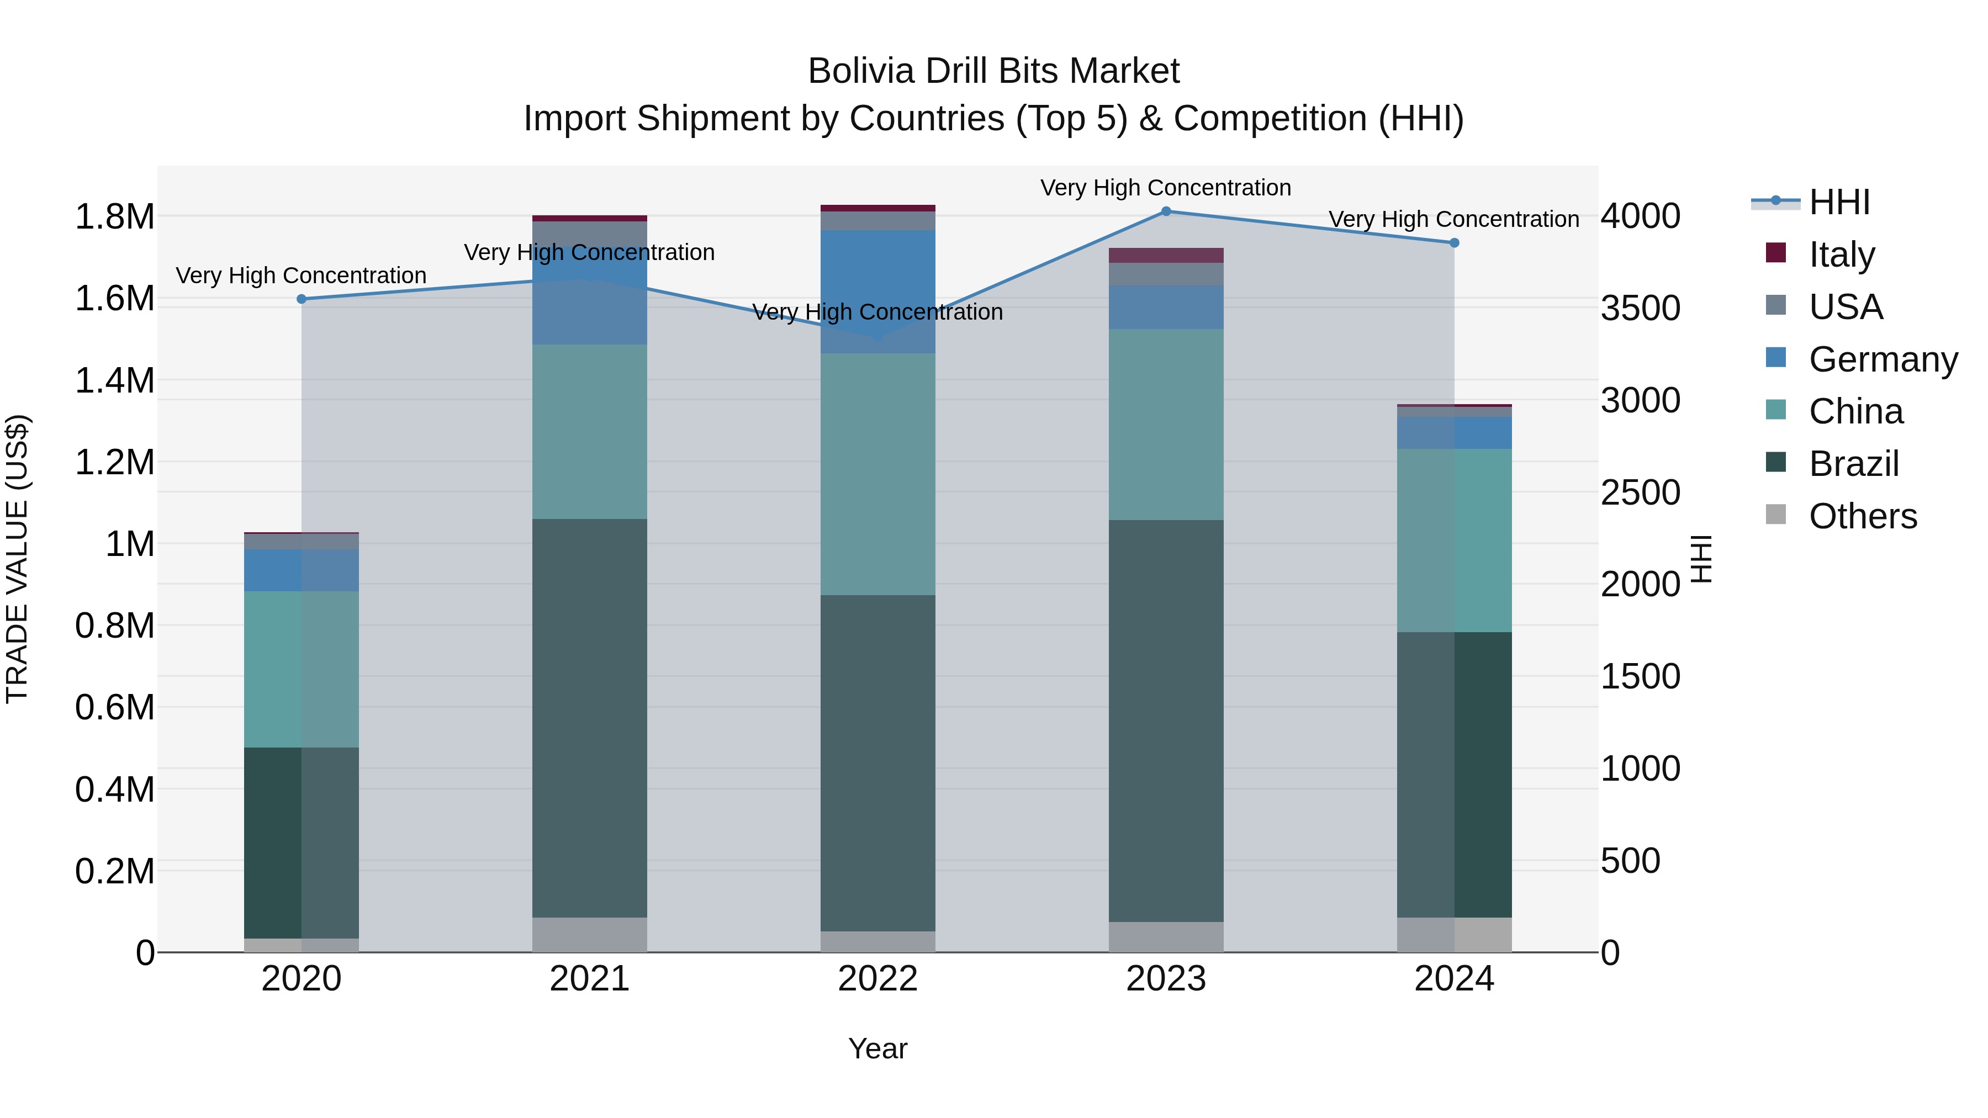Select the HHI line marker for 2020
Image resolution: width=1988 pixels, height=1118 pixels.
pyautogui.click(x=302, y=299)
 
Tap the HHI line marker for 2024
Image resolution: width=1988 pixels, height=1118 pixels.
pyautogui.click(x=1454, y=243)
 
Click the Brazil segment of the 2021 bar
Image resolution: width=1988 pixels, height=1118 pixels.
pyautogui.click(x=590, y=718)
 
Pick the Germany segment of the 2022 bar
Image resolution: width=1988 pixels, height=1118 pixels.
pyautogui.click(x=877, y=292)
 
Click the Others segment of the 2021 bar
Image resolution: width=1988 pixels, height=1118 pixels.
pyautogui.click(x=590, y=934)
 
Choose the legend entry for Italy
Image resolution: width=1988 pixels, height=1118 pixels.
pyautogui.click(x=1841, y=255)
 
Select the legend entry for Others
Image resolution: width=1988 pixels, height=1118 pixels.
pyautogui.click(x=1862, y=516)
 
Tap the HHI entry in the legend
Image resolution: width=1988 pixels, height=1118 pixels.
pyautogui.click(x=1838, y=202)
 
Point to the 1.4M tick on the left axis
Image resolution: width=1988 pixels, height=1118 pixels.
pyautogui.click(x=114, y=380)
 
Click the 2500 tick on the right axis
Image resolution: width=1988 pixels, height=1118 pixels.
pyautogui.click(x=1640, y=492)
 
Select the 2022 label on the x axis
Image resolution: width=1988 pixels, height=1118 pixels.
pyautogui.click(x=877, y=979)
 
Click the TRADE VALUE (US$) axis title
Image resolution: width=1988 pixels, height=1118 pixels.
pyautogui.click(x=17, y=559)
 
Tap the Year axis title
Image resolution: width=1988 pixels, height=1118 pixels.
pyautogui.click(x=877, y=1048)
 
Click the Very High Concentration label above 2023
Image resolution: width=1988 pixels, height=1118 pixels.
pyautogui.click(x=1165, y=188)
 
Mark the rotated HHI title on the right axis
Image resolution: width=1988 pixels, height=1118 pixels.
pyautogui.click(x=1701, y=559)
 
